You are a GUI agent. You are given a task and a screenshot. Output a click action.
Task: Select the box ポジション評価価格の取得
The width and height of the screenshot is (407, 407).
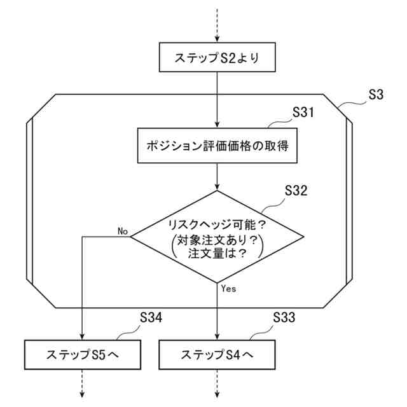point(217,146)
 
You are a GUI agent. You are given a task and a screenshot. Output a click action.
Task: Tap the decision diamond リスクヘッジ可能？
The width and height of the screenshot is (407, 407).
point(217,224)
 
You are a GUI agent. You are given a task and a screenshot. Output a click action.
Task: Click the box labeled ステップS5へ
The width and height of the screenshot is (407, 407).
point(83,354)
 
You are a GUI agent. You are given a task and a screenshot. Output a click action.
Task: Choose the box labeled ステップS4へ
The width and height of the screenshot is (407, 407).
point(217,354)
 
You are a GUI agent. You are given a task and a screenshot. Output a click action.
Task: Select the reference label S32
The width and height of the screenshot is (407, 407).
point(296,191)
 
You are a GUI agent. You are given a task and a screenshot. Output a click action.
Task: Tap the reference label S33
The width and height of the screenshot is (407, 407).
point(284,316)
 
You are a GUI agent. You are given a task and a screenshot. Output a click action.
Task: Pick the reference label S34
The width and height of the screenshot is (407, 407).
point(151,316)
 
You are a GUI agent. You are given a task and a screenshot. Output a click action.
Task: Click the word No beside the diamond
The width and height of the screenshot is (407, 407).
point(123,230)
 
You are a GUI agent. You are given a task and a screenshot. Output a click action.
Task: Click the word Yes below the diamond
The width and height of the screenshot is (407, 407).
point(228,288)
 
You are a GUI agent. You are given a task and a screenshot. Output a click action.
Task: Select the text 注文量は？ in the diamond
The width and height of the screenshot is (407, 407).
point(217,253)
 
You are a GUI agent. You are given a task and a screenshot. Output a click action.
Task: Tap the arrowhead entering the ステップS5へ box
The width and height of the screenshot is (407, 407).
point(83,336)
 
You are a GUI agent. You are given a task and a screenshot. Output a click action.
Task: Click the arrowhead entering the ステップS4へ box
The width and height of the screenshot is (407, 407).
point(217,336)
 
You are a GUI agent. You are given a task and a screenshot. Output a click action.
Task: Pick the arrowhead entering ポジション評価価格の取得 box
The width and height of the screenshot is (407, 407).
point(217,125)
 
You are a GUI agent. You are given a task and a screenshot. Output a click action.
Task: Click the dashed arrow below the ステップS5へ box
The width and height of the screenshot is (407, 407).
point(83,385)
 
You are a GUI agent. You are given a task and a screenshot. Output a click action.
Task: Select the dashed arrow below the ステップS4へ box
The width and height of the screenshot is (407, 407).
point(217,385)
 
